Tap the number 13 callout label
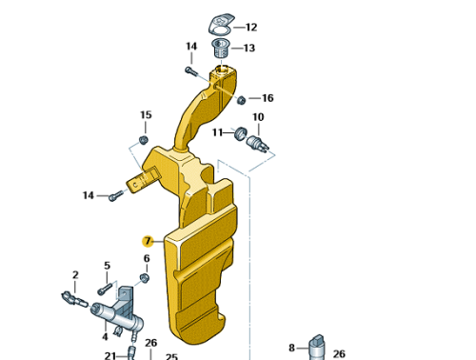[249, 48]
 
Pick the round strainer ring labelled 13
[220, 45]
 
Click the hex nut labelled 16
[242, 99]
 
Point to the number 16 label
[268, 98]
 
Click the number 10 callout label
[258, 117]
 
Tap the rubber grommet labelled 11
[240, 131]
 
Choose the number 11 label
[217, 132]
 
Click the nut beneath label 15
[144, 140]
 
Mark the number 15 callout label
[146, 115]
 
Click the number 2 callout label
[75, 275]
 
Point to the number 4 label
[105, 336]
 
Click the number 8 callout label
[292, 348]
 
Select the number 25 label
[171, 356]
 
